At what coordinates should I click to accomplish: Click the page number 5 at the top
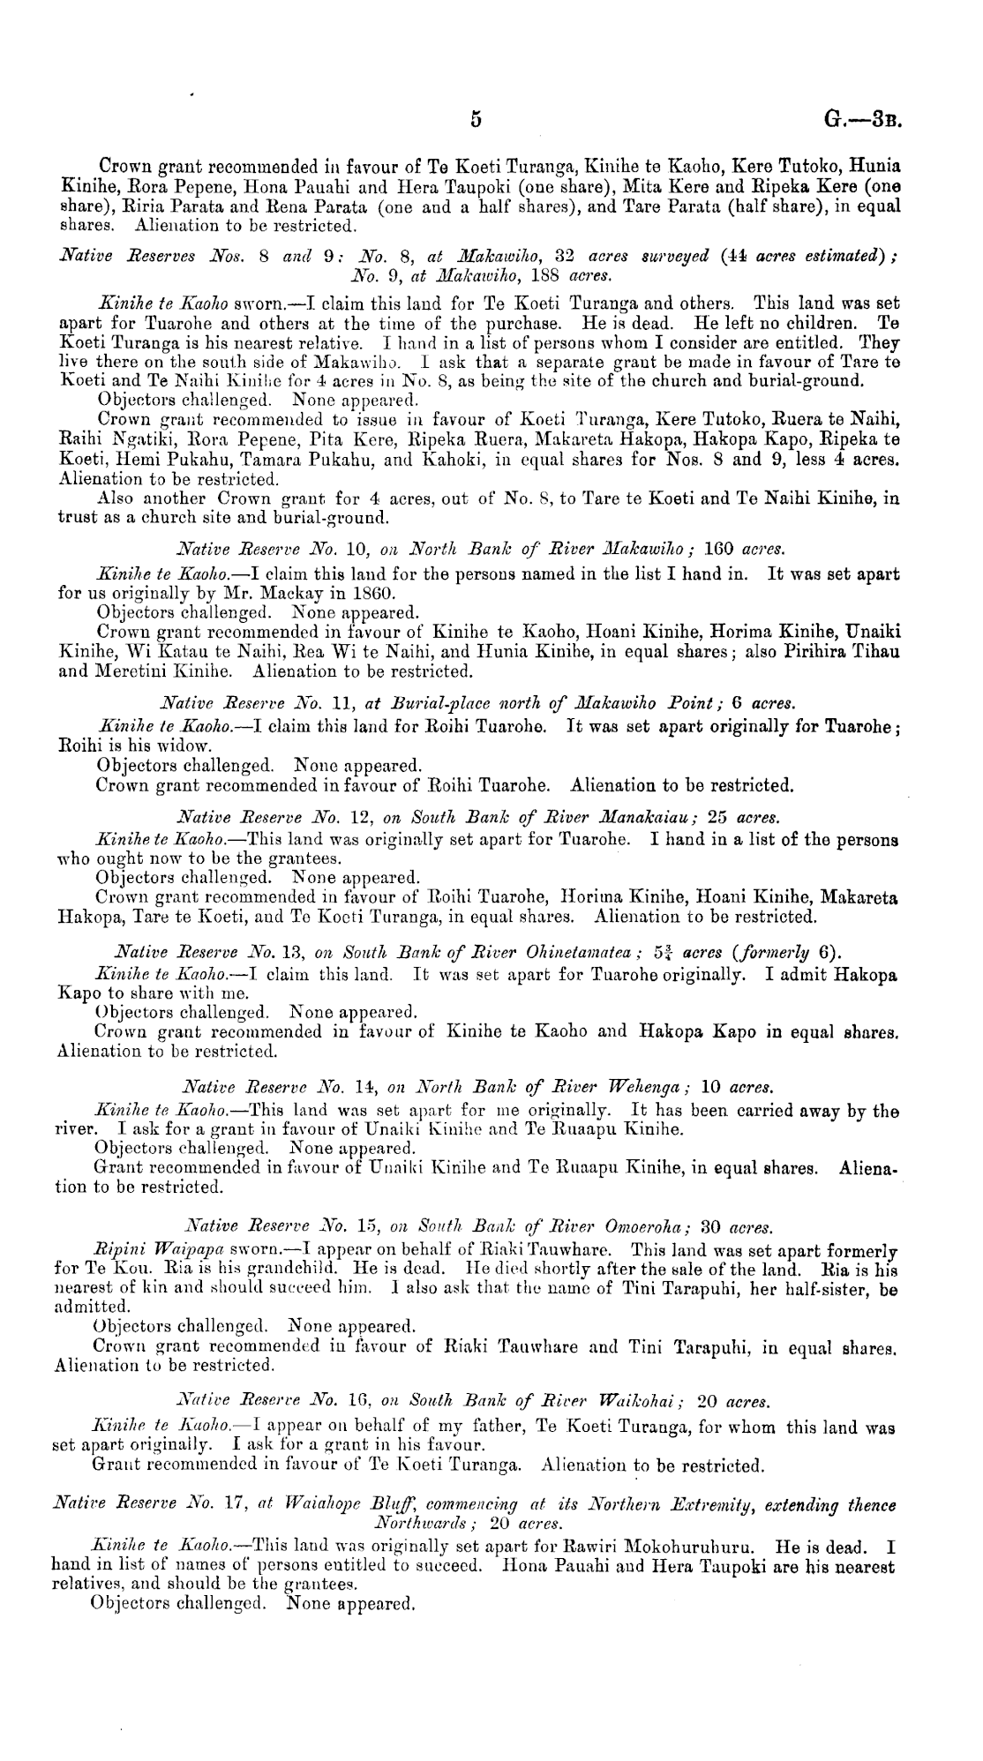tap(475, 121)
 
